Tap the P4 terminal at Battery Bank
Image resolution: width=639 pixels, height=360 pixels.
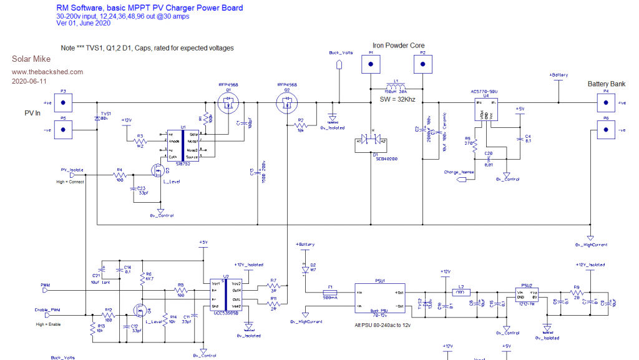click(605, 102)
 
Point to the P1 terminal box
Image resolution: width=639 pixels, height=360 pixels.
click(371, 64)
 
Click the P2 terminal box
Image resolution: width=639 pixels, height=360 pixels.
click(422, 64)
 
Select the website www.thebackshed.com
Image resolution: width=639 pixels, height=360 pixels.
click(38, 72)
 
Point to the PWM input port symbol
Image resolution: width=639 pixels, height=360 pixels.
click(46, 290)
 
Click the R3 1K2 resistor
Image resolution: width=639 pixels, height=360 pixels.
click(140, 142)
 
